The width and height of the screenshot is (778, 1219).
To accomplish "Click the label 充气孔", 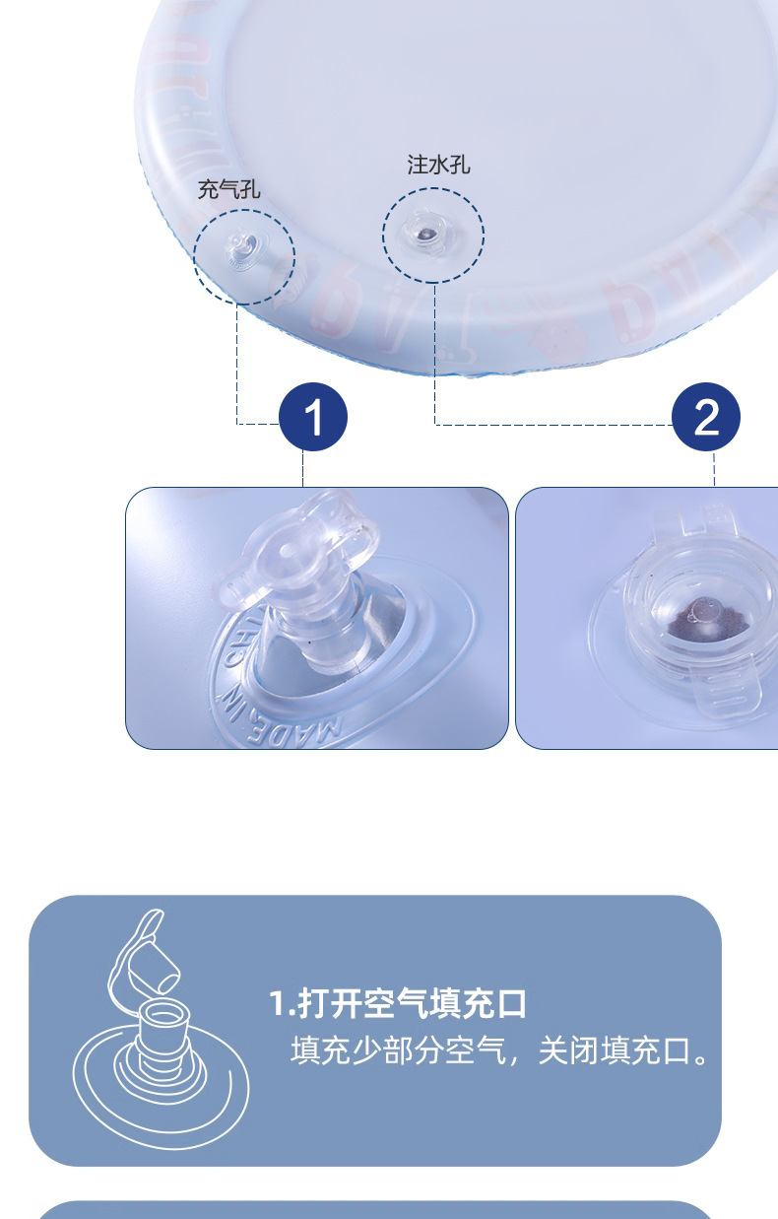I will (228, 189).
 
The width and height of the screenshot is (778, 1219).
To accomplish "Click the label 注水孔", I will (439, 165).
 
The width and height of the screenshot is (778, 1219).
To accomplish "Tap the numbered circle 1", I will (313, 418).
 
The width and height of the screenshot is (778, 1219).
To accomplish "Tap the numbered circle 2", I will (706, 418).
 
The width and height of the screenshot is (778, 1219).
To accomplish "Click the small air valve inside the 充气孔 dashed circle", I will (243, 247).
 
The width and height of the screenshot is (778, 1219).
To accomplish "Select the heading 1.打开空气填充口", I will (398, 1004).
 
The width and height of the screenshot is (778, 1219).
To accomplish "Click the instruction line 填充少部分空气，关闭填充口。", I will (500, 1050).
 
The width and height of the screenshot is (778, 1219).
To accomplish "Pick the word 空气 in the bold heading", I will (413, 1004).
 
